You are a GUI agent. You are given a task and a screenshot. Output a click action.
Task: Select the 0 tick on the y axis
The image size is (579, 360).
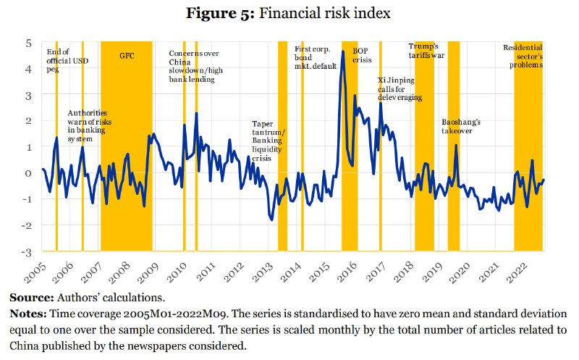[28, 173]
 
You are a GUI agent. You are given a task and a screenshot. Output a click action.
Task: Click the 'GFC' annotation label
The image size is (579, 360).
[127, 55]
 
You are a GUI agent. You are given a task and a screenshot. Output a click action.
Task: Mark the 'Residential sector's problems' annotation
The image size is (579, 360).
[523, 56]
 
